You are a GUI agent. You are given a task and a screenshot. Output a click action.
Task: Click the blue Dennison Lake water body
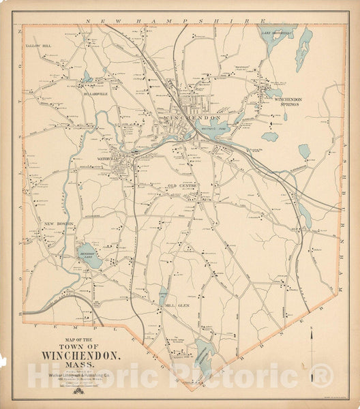pyautogui.click(x=90, y=256)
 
